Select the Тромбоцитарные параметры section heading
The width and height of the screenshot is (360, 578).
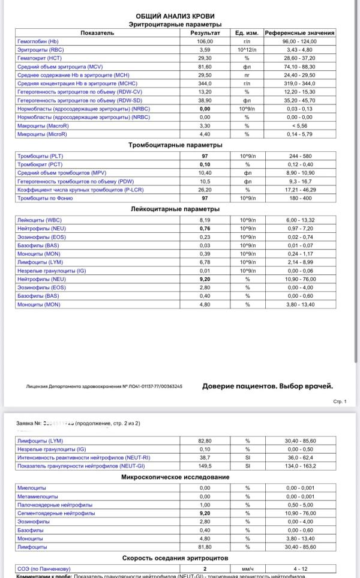click(x=176, y=145)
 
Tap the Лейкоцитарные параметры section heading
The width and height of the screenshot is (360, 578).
click(x=176, y=209)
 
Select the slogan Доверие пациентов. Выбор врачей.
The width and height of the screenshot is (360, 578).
click(x=268, y=386)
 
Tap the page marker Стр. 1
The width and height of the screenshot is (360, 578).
click(x=340, y=401)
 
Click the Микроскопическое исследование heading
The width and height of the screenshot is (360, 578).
click(x=176, y=477)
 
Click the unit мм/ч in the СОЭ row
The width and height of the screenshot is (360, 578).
click(x=247, y=569)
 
